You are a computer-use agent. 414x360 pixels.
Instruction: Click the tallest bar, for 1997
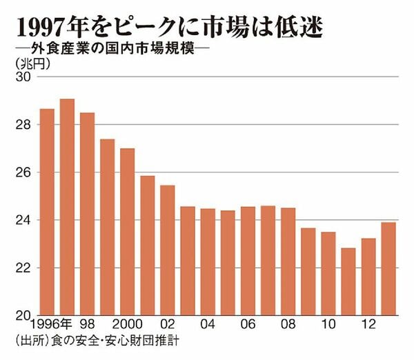pos(67,207)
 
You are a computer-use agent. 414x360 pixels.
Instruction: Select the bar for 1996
pos(47,212)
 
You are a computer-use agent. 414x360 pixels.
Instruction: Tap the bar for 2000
pos(127,232)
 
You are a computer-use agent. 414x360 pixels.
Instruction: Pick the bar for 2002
pos(168,250)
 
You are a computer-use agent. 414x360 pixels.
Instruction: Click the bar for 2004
pos(208,262)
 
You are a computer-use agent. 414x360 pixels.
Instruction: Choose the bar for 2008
pos(288,261)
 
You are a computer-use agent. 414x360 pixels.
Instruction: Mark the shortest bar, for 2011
pos(348,281)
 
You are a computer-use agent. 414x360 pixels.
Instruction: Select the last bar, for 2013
pos(388,269)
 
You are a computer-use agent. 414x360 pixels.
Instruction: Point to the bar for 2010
pos(328,273)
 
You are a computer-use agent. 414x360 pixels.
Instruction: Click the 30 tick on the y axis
pos(23,77)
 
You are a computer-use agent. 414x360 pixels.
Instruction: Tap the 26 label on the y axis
pos(23,172)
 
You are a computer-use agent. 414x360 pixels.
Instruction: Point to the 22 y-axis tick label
pos(23,268)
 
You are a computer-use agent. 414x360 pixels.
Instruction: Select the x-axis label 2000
pos(127,324)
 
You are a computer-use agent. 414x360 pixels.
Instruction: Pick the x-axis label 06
pos(248,324)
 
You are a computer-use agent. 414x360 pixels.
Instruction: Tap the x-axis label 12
pos(368,324)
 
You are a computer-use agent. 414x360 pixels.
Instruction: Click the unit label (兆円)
pos(32,64)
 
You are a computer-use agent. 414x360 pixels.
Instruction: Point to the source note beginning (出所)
pos(97,341)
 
